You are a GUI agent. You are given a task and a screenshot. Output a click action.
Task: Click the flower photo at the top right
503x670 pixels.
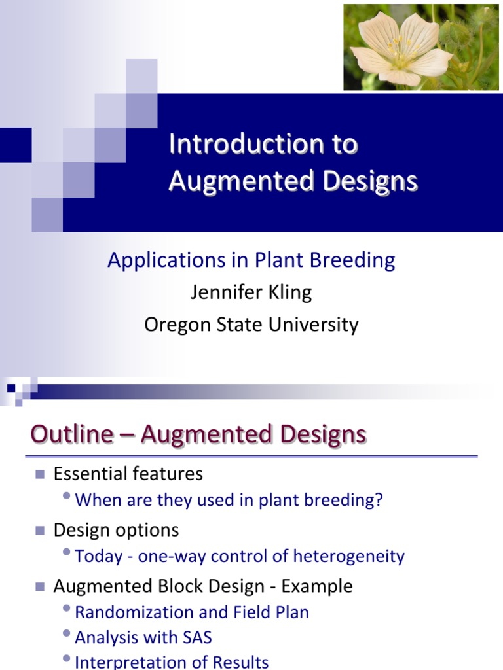pyautogui.click(x=422, y=47)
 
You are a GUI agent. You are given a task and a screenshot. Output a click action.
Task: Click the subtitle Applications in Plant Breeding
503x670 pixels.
pyautogui.click(x=251, y=260)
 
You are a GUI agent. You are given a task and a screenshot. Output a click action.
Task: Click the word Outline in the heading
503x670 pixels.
pyautogui.click(x=72, y=434)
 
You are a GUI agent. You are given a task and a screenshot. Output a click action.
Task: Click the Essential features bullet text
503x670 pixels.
pyautogui.click(x=128, y=473)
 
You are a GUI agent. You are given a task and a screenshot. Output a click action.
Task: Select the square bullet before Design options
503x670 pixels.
pyautogui.click(x=40, y=530)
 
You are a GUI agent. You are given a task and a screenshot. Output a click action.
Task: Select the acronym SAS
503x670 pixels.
pyautogui.click(x=195, y=637)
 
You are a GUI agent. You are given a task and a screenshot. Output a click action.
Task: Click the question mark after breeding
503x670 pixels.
pyautogui.click(x=379, y=501)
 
